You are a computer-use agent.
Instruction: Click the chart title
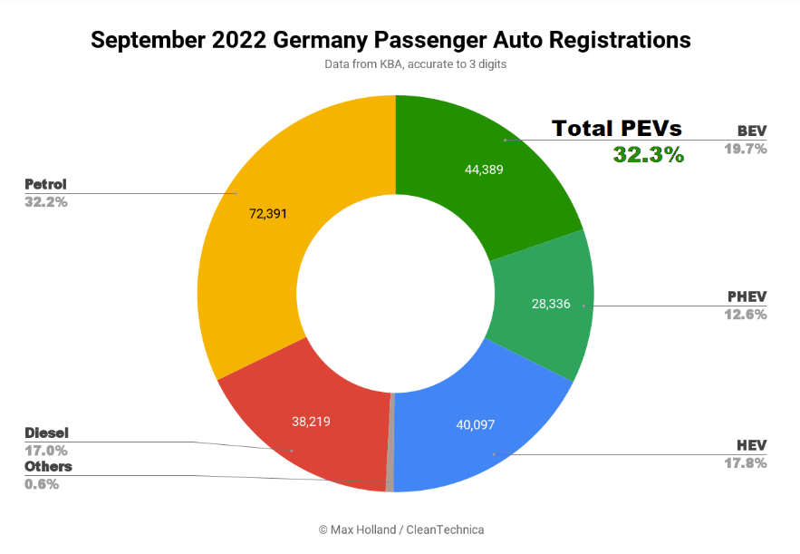[x=390, y=40]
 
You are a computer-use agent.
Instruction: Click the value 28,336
[x=551, y=304]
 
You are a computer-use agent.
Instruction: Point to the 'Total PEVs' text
[x=617, y=128]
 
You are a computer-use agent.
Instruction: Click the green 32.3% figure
[x=648, y=155]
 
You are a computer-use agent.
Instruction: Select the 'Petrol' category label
[x=45, y=184]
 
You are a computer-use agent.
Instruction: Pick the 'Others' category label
[x=48, y=466]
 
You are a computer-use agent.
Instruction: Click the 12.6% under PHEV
[x=746, y=314]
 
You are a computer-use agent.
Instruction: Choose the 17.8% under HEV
[x=746, y=462]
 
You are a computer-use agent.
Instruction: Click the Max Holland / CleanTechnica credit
[x=400, y=529]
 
